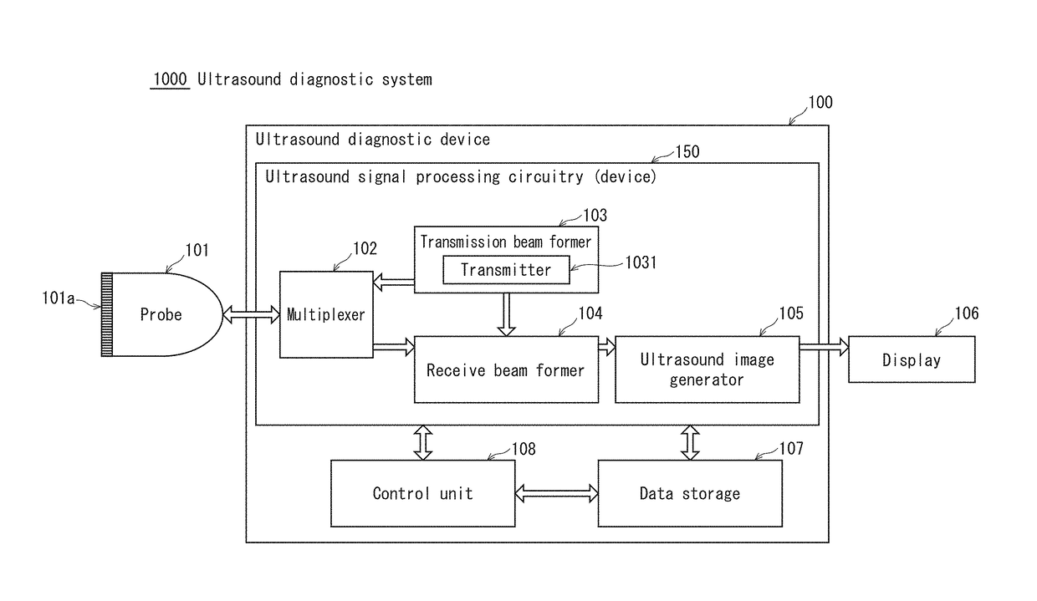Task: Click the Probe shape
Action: tap(162, 314)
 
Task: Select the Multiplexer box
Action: tap(326, 314)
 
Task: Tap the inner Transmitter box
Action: tap(506, 270)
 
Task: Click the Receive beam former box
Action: tap(506, 369)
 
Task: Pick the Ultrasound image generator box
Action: tap(707, 369)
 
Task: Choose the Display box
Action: tap(912, 359)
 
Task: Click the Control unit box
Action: tap(422, 493)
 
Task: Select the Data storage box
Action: tap(690, 493)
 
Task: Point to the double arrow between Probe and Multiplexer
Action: tap(252, 314)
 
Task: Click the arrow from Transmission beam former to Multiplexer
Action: tap(394, 282)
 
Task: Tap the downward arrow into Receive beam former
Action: tap(506, 314)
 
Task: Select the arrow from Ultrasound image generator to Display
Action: tap(824, 347)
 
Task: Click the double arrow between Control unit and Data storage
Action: tap(556, 493)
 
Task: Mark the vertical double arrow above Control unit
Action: tap(422, 443)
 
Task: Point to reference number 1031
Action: tap(641, 262)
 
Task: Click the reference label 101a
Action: tap(59, 298)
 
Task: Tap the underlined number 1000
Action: tap(170, 79)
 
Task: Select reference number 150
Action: tap(687, 152)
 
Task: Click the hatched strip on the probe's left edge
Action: tap(107, 314)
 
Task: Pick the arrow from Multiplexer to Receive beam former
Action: tap(394, 347)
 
